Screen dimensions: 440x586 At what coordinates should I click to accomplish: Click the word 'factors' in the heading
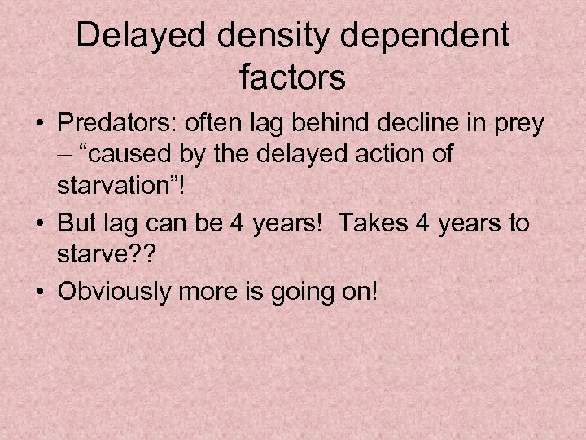coord(293,80)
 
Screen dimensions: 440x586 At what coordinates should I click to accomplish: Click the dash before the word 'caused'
coord(64,153)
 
